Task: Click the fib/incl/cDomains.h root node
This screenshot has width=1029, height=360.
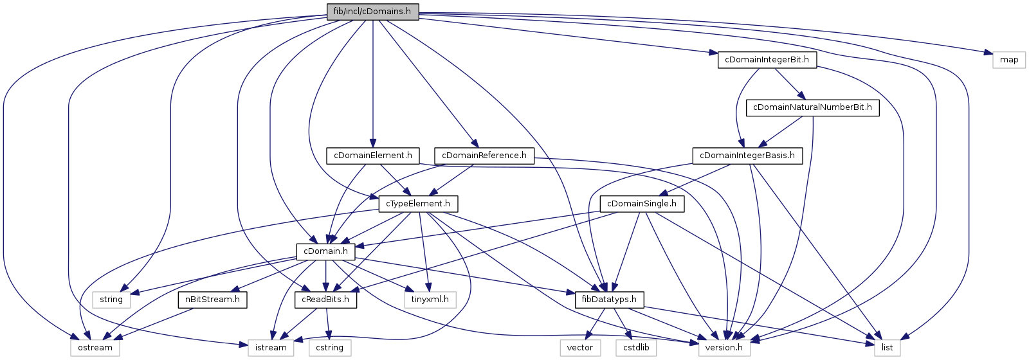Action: point(372,11)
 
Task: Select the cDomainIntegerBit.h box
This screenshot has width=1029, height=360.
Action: point(767,60)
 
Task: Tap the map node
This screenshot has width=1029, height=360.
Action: point(1009,60)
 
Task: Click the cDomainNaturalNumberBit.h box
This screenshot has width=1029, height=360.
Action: point(812,107)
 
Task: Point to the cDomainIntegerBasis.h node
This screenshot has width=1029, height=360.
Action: point(747,156)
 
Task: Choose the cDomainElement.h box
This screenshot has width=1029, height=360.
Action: point(373,156)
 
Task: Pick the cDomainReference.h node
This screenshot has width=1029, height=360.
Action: point(484,156)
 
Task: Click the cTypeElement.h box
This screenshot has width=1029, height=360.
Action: point(418,204)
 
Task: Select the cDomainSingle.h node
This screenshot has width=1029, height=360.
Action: point(642,204)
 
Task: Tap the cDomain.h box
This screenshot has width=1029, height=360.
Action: point(325,251)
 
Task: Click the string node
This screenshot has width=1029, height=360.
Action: point(111,300)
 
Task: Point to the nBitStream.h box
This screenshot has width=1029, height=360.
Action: point(212,300)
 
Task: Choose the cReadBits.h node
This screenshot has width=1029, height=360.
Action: point(325,300)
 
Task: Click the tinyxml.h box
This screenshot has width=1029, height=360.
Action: point(430,300)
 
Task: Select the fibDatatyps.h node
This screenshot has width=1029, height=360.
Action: point(609,300)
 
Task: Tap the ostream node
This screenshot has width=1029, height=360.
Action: point(95,348)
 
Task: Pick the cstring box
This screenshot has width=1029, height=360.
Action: point(330,348)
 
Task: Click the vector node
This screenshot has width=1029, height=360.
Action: point(579,348)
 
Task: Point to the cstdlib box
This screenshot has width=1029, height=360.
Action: point(636,348)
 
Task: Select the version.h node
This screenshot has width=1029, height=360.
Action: point(724,348)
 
